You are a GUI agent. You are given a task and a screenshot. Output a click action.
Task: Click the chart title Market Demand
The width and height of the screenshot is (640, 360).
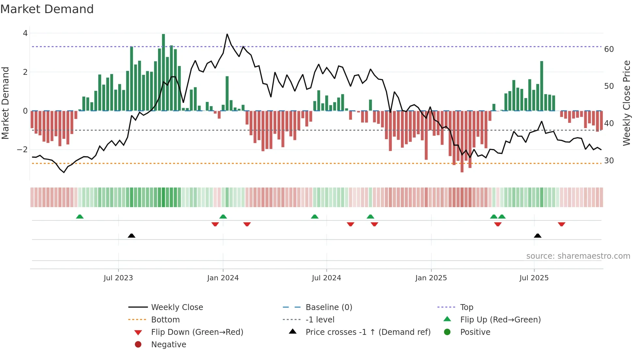click(x=47, y=9)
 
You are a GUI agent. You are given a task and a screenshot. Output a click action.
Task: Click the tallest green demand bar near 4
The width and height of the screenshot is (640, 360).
click(x=163, y=72)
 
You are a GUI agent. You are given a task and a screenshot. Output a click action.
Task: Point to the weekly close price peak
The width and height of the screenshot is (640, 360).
click(x=227, y=34)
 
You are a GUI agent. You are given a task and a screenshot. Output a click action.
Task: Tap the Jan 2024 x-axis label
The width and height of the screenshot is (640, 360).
click(x=223, y=278)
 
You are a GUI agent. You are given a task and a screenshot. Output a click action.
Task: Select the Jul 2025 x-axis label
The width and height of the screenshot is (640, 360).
click(x=534, y=278)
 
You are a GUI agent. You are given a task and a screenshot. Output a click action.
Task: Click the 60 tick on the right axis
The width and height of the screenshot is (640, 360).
click(x=609, y=49)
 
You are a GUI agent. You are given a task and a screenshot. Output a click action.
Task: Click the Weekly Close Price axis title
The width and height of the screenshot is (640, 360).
click(x=626, y=103)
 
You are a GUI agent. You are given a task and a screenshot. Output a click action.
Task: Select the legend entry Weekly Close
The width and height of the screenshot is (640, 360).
click(x=177, y=307)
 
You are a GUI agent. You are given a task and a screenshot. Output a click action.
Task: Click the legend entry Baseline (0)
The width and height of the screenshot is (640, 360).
click(x=328, y=307)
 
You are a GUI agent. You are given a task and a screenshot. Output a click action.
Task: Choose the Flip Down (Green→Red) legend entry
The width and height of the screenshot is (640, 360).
click(x=197, y=332)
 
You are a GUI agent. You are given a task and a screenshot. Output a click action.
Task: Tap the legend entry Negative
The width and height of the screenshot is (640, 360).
click(x=168, y=345)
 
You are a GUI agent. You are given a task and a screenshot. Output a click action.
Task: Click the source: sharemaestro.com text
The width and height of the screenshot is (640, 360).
click(x=578, y=256)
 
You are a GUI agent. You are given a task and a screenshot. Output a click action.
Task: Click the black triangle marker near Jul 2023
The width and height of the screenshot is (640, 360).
click(x=132, y=236)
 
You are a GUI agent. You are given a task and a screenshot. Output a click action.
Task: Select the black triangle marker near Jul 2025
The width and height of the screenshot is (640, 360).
click(x=537, y=236)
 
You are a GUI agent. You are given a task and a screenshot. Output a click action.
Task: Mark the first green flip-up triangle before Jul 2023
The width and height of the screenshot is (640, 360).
click(x=80, y=217)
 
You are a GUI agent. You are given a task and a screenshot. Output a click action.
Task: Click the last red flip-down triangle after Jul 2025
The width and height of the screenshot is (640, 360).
click(x=562, y=224)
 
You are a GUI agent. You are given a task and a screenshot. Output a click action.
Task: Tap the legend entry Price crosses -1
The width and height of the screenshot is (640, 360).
click(x=368, y=332)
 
